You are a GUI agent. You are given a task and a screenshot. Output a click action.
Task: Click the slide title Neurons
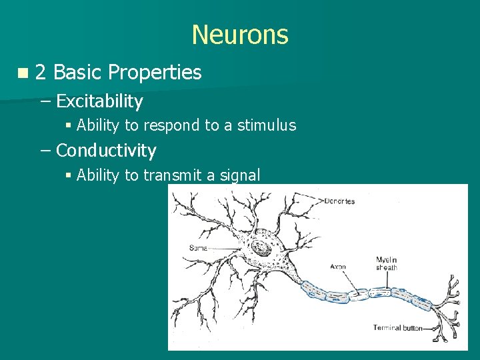240,35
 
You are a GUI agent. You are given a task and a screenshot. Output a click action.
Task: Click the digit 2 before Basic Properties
40,72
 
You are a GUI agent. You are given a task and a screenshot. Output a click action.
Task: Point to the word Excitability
99,101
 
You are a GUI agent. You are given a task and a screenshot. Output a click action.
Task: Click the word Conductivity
106,151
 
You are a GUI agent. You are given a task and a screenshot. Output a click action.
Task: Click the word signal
241,175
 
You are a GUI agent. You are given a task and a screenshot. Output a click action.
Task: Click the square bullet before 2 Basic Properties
23,73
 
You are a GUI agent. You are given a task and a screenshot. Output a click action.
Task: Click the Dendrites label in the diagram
339,201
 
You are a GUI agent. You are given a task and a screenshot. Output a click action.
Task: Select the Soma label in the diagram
199,247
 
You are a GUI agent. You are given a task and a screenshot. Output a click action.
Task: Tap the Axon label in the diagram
337,267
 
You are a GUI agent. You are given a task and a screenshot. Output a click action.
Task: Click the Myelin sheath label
387,263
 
